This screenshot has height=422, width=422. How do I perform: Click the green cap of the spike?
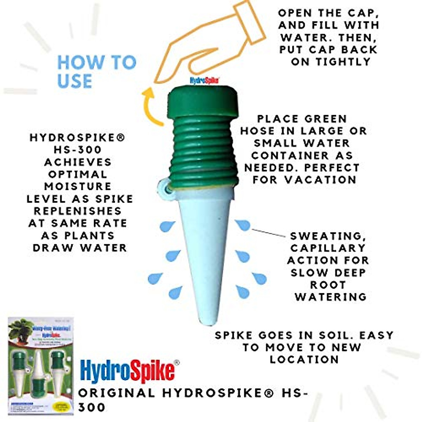(204, 101)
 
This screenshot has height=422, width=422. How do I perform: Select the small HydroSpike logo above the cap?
(205, 80)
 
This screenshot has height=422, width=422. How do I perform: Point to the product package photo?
(40, 366)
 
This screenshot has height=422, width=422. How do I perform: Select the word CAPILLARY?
(328, 248)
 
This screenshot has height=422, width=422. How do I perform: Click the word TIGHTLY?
(343, 62)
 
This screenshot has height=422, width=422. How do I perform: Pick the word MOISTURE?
(78, 186)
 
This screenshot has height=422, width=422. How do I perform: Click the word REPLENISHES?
(78, 211)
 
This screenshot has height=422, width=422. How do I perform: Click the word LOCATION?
(305, 359)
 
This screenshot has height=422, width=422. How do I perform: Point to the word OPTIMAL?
(78, 174)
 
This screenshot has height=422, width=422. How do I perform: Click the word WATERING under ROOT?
(331, 297)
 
